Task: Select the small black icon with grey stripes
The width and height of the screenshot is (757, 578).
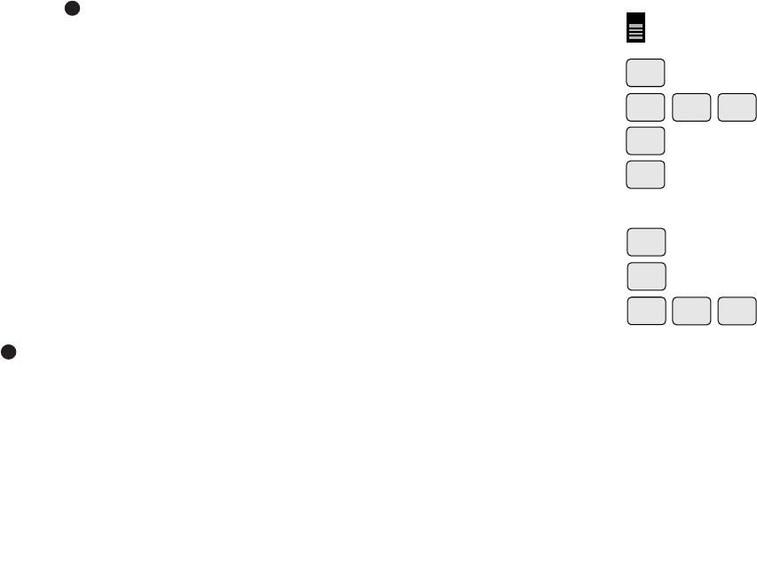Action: coord(635,28)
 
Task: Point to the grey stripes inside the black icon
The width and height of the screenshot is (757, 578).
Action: coord(635,32)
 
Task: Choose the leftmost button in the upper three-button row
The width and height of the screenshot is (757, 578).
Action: coord(645,107)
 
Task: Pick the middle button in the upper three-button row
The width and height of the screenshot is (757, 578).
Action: coord(691,107)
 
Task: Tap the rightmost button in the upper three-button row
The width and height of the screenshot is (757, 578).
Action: coord(737,107)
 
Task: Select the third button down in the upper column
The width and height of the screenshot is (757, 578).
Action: coord(645,141)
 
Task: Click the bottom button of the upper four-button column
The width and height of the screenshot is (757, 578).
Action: coord(645,175)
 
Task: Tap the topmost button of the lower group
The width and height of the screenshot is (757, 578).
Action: coord(646,242)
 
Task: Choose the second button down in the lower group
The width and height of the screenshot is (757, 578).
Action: coord(646,276)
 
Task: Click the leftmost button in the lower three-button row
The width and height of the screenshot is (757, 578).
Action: coord(646,311)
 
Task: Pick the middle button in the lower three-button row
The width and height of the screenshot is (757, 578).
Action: coord(691,311)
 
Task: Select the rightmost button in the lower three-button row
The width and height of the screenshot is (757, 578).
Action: coord(737,311)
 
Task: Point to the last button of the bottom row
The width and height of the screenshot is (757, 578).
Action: coord(737,311)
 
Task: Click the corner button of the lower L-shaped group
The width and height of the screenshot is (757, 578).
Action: coord(646,311)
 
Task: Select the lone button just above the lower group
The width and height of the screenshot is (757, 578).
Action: coord(645,175)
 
